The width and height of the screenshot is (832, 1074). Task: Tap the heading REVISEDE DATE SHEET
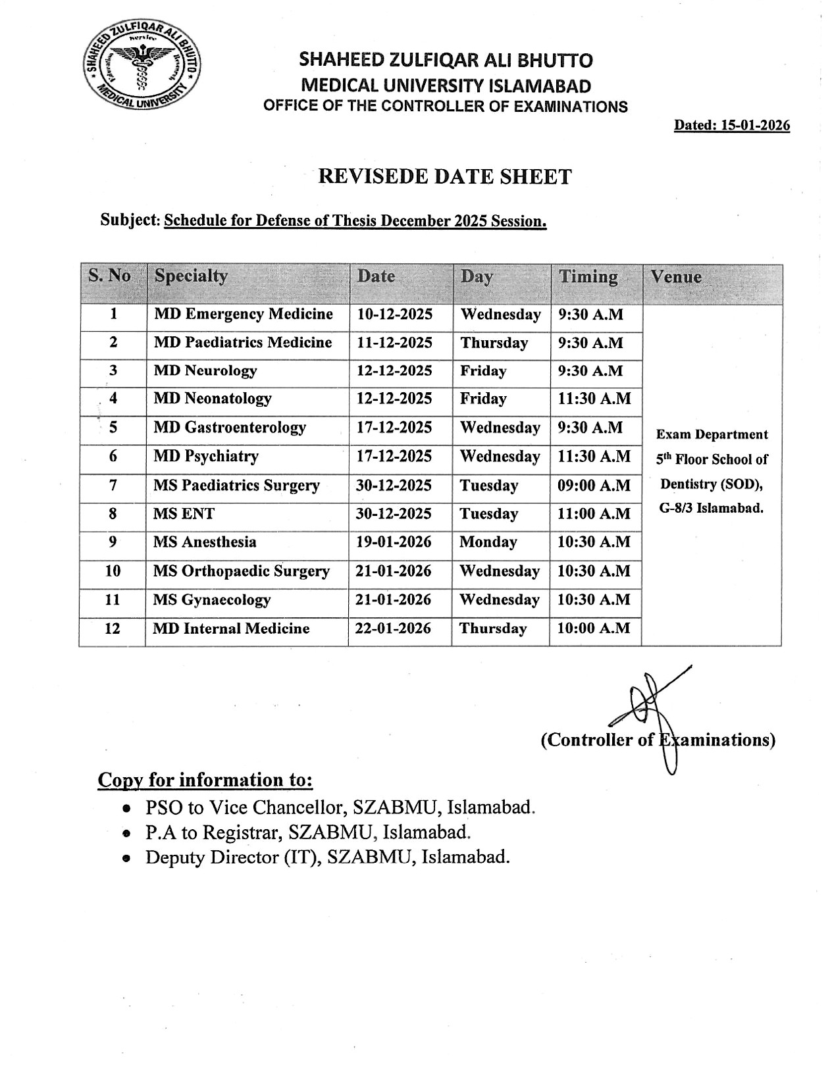(445, 176)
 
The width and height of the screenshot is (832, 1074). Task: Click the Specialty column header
(191, 276)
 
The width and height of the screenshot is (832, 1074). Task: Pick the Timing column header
(588, 277)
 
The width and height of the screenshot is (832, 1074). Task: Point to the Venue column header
(676, 277)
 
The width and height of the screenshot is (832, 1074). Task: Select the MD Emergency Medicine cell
(243, 315)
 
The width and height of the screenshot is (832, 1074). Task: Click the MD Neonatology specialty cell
(212, 399)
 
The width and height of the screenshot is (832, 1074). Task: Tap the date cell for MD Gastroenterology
(394, 428)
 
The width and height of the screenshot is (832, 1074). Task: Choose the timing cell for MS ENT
(594, 514)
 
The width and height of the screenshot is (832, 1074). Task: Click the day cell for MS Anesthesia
(488, 542)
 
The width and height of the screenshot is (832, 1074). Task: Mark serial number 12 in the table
(113, 628)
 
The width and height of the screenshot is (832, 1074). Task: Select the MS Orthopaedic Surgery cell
(241, 571)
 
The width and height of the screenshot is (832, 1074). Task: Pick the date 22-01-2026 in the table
(394, 628)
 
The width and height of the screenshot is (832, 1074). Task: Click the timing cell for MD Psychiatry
(594, 457)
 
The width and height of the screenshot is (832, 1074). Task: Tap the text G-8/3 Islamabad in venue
(712, 509)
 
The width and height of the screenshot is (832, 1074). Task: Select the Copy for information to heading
(205, 780)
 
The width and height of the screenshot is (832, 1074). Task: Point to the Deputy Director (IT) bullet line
(327, 857)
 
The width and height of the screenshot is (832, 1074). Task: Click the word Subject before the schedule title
(130, 220)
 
